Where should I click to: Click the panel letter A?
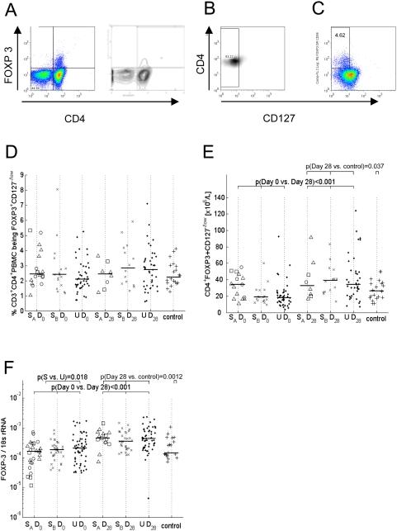tap(12, 11)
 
